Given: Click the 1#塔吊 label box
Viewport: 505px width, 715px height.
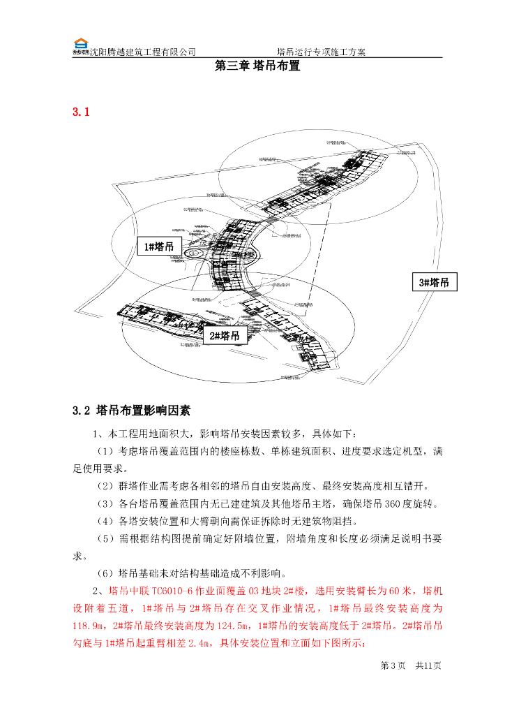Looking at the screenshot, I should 159,246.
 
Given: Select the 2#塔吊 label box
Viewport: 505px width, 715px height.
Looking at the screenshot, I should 225,336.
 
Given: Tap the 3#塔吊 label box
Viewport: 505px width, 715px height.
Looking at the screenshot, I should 434,282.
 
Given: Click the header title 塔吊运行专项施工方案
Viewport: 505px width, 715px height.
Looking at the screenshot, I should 321,52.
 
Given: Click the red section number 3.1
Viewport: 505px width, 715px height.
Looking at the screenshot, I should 82,112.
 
